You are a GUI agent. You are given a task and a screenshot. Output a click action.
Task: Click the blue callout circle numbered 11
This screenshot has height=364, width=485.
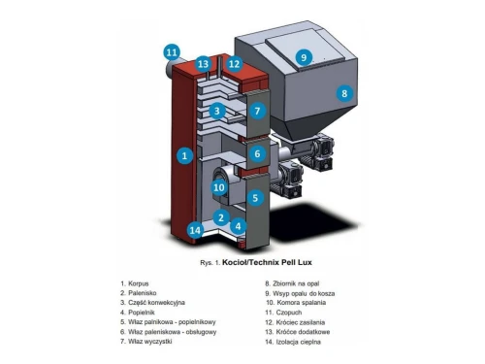(172, 52)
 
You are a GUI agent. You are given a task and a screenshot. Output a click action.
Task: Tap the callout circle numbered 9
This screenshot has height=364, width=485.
(304, 57)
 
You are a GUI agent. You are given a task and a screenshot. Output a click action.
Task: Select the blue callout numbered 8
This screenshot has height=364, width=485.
(344, 93)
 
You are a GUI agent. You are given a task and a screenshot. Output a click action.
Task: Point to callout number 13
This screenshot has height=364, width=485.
(203, 64)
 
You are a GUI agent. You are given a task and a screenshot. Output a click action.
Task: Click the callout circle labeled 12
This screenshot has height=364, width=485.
(234, 64)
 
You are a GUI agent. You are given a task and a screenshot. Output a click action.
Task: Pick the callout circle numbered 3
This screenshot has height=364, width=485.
(217, 111)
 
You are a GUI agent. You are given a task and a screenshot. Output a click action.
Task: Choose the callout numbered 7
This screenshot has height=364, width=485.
(257, 111)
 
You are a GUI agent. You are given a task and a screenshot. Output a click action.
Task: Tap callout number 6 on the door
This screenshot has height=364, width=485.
(257, 153)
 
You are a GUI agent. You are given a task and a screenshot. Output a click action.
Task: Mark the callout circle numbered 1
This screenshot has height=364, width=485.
(184, 155)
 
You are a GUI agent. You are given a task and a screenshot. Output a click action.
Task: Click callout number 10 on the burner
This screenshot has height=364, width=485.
(219, 187)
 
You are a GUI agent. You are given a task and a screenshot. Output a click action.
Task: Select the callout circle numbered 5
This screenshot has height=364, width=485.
(255, 198)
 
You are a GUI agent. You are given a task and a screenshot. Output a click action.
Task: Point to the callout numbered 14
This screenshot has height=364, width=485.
(195, 230)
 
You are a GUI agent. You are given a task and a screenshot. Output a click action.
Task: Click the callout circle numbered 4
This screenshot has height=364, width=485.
(239, 226)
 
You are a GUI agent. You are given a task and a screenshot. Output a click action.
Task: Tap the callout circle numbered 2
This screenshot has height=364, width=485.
(221, 217)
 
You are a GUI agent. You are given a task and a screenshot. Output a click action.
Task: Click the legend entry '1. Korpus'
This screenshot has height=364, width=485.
(135, 283)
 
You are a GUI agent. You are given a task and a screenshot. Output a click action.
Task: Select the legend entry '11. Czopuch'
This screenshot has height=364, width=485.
(283, 313)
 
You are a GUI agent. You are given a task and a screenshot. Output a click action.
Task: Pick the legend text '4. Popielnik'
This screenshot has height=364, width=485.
(138, 313)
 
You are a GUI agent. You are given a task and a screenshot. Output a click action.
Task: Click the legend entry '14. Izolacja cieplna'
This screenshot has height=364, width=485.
(293, 342)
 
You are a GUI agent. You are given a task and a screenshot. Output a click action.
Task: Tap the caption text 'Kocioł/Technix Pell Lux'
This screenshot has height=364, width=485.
(267, 262)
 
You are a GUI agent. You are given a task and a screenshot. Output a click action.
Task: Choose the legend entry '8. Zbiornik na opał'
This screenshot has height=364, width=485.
(292, 283)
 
